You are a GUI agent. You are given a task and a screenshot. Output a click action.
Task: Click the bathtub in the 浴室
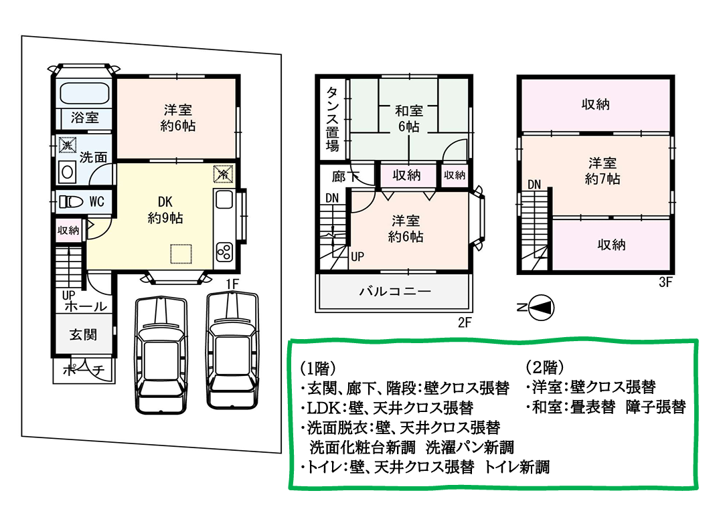tap(84, 94)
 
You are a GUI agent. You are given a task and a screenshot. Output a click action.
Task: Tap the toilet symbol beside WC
tap(71, 202)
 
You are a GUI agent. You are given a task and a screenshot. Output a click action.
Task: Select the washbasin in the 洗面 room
tap(67, 172)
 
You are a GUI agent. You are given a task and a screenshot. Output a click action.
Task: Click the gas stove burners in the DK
tap(224, 252)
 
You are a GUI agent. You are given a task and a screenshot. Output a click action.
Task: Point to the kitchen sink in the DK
tap(224, 200)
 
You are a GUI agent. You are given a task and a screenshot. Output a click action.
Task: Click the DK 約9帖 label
tap(165, 209)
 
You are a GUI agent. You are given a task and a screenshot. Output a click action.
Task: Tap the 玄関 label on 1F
tap(83, 334)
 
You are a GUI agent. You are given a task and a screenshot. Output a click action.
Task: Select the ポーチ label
tap(84, 369)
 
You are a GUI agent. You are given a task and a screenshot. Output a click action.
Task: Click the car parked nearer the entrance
tap(161, 355)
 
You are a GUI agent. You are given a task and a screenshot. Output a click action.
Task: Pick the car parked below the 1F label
tap(232, 350)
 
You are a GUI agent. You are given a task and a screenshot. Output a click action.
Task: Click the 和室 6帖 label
tap(409, 118)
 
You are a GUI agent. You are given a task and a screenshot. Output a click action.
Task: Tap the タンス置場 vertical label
tap(332, 120)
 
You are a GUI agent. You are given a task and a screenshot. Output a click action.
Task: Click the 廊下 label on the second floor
tap(345, 177)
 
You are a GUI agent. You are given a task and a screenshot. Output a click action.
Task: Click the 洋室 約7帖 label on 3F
tap(603, 171)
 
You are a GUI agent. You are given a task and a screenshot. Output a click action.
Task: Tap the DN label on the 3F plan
tap(534, 185)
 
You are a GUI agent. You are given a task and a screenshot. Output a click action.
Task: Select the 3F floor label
tap(665, 282)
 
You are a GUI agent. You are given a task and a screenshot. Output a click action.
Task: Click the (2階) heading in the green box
tap(544, 367)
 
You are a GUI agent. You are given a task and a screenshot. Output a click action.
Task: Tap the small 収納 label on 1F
tap(68, 230)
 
